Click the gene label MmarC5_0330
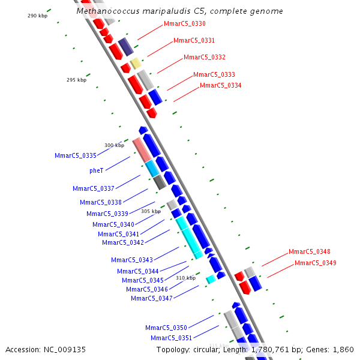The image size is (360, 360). click(184, 24)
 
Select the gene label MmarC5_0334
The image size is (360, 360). click(220, 85)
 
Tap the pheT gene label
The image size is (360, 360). click(96, 170)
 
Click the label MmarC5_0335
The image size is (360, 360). click(75, 155)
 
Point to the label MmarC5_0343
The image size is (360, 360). click(131, 260)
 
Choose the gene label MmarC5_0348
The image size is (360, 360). click(309, 252)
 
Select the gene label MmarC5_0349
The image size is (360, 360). click(315, 263)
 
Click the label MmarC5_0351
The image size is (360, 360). click(171, 338)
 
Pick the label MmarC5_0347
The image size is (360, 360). click(151, 298)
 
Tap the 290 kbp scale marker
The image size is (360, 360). click(37, 16)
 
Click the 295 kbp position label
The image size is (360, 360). click(76, 80)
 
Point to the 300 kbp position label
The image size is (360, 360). click(114, 145)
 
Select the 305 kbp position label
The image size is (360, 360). click(151, 211)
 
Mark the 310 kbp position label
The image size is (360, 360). click(185, 278)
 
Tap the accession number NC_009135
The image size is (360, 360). click(65, 349)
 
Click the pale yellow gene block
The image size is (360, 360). click(136, 62)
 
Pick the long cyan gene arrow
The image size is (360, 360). click(190, 236)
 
